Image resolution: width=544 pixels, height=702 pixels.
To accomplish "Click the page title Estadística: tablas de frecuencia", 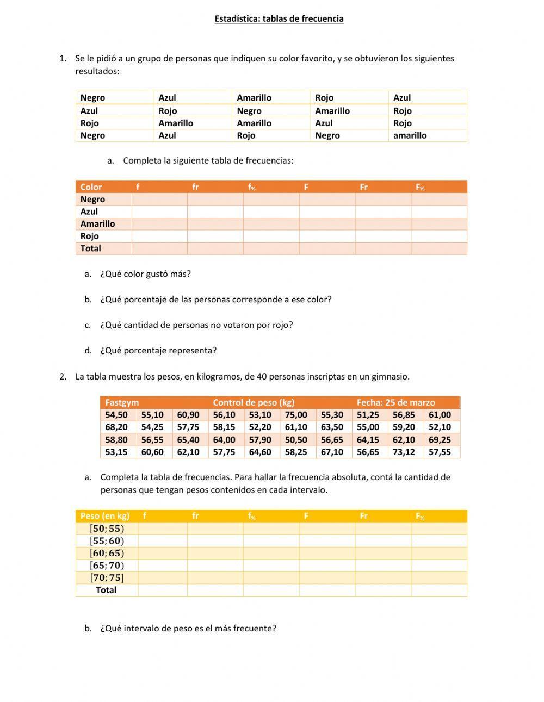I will [279, 19].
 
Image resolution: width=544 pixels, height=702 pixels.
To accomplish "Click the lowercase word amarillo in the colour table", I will [410, 136].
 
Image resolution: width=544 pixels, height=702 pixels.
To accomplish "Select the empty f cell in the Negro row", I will [159, 200].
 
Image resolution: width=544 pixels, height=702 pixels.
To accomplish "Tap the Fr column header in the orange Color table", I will [363, 187].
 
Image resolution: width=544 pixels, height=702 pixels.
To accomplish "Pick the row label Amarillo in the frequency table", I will [97, 224].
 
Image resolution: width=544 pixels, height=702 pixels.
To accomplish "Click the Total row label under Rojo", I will [91, 249].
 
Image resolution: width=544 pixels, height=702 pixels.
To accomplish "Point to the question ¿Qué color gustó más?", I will [145, 274].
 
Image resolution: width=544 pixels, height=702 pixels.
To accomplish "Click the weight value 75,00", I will [296, 415].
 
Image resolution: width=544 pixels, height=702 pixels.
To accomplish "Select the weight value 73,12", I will [404, 452].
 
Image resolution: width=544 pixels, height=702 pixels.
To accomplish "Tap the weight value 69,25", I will [440, 439].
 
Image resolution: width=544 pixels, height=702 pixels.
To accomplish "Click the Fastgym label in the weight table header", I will [122, 403].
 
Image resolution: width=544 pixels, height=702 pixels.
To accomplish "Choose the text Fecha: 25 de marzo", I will [395, 403].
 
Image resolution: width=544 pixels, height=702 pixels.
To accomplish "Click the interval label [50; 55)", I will [107, 529].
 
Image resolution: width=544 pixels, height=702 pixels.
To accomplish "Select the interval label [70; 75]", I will [107, 577].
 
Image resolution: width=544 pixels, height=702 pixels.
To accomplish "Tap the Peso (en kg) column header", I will [105, 516].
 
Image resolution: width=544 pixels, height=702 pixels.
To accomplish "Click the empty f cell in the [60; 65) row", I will [162, 553].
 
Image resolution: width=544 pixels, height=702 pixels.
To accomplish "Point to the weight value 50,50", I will [296, 439].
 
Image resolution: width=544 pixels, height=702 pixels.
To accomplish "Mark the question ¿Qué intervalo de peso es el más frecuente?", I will [188, 629].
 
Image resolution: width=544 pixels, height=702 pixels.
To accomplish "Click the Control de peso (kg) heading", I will [254, 403].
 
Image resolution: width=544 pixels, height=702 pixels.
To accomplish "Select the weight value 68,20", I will [116, 427].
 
